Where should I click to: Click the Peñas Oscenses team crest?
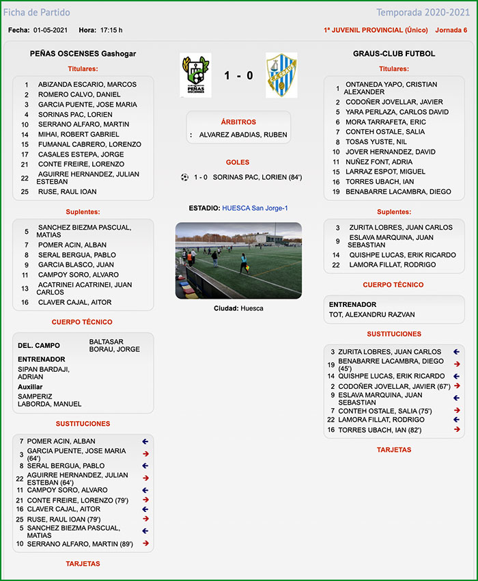(x=195, y=75)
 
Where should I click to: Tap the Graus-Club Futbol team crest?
(x=281, y=75)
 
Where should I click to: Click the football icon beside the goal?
(x=184, y=177)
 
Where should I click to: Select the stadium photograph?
(x=238, y=260)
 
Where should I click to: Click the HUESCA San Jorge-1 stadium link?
(x=255, y=208)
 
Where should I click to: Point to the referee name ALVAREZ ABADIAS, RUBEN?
(x=243, y=135)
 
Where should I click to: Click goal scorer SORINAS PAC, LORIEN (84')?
(x=257, y=177)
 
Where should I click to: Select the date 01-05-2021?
(x=51, y=30)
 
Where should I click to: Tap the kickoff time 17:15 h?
(x=111, y=30)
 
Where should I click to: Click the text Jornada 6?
(x=451, y=30)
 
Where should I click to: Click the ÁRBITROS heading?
(x=238, y=122)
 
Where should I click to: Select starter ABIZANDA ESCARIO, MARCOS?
(x=87, y=85)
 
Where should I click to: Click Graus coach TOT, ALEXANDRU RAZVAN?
(x=371, y=314)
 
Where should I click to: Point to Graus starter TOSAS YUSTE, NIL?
(x=376, y=141)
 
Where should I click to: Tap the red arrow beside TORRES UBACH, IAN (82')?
(x=456, y=430)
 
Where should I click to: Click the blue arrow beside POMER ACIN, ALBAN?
(x=145, y=442)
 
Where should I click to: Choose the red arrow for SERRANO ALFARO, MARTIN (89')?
(x=145, y=544)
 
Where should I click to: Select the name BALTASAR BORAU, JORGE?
(x=114, y=345)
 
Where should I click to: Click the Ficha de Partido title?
(x=37, y=12)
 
